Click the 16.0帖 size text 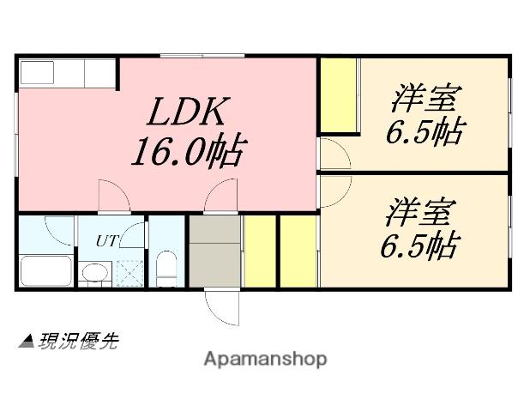pos(188,152)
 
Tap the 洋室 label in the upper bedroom pos(425,98)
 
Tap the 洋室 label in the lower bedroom pos(419,210)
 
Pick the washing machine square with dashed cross pos(131,273)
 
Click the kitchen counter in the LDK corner pos(67,73)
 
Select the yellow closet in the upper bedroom pos(339,94)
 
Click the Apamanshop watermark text pos(265,358)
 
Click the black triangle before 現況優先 pos(26,342)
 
